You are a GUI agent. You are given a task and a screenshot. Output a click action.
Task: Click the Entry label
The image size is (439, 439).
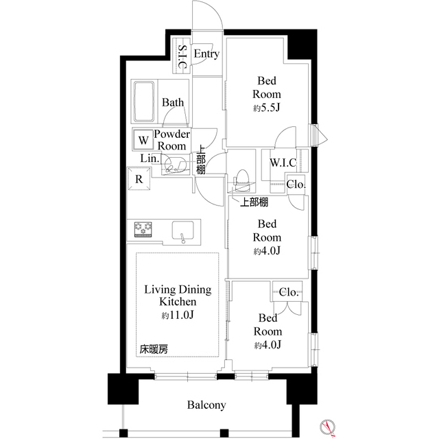coord(206,54)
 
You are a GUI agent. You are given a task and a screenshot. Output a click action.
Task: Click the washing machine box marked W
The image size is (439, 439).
coord(143,141)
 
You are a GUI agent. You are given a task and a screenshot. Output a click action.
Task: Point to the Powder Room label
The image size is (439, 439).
coord(171,141)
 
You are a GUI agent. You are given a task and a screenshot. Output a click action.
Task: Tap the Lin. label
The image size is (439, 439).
coord(150,158)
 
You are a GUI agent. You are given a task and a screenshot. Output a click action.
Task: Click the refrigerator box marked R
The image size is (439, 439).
coord(139,180)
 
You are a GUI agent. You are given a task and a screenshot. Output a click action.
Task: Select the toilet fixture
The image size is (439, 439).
coord(241,180)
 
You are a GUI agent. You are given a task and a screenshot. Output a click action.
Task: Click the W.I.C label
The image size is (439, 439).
coord(283,163)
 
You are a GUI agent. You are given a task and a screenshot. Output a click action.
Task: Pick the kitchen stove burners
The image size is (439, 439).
coord(143,228)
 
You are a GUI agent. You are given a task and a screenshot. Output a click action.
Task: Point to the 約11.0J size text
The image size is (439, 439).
coord(178,316)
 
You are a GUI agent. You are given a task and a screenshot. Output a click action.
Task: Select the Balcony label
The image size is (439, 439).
coord(207,405)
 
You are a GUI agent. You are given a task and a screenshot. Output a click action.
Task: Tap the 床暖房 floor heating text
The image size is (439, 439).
coord(154,349)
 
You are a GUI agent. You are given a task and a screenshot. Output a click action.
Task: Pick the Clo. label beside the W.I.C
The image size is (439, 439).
coord(296,184)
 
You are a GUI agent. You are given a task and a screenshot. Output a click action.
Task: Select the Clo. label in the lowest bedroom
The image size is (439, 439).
coord(289,292)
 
